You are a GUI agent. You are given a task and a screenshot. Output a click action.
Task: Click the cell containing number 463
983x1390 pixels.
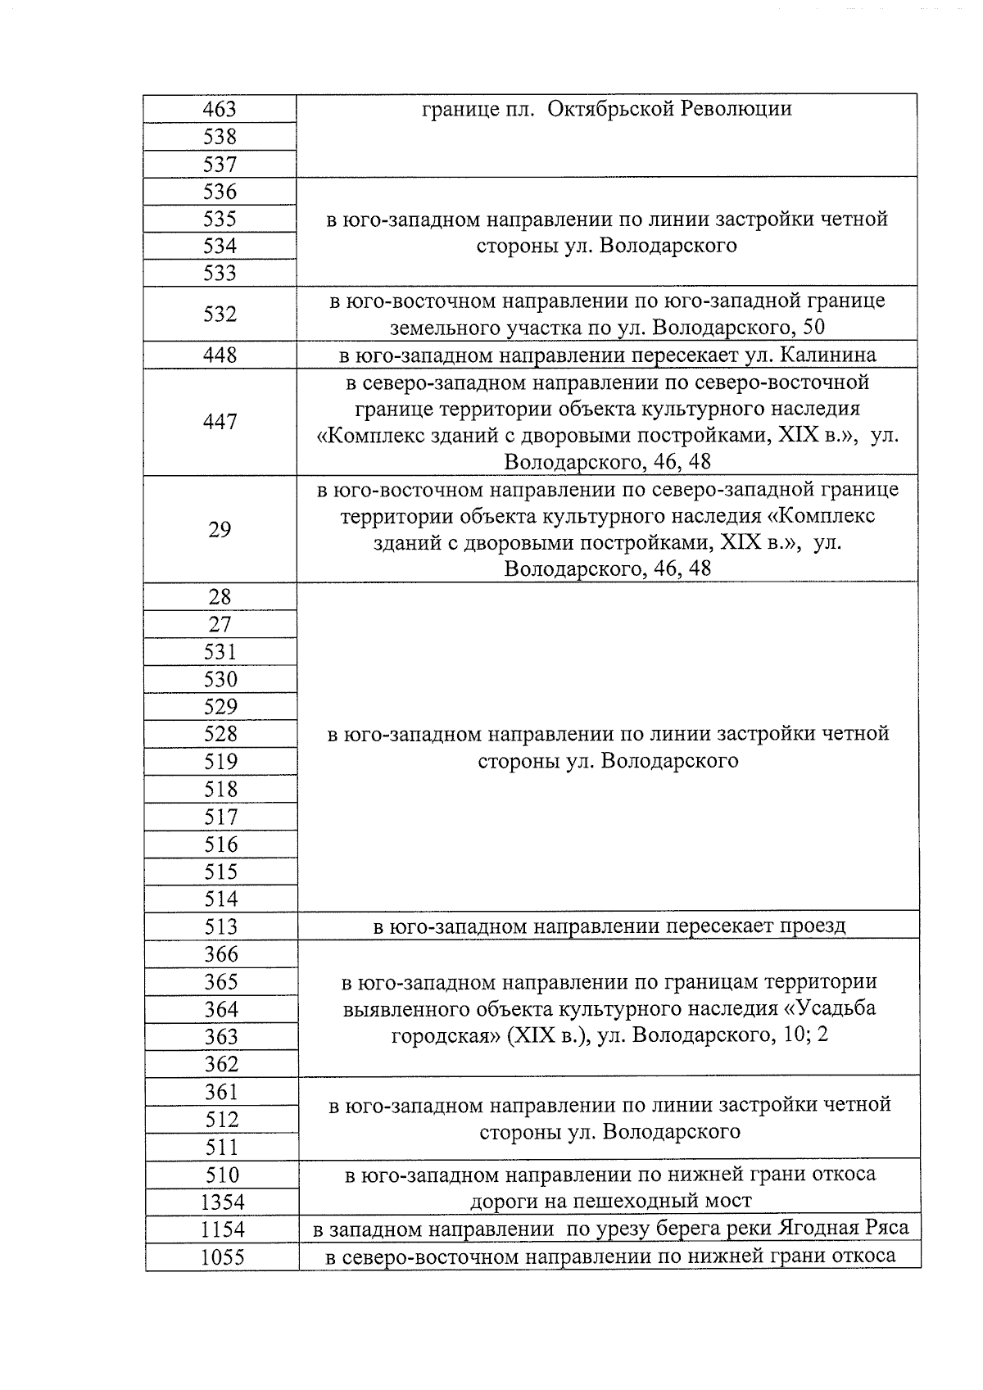220,109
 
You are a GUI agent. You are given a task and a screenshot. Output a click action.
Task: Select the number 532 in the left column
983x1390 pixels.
220,315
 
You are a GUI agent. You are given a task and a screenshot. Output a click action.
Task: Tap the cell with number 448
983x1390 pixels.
220,355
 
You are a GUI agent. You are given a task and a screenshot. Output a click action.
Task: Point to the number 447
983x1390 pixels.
220,422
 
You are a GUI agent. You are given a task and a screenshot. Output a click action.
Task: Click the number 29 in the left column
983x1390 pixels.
220,530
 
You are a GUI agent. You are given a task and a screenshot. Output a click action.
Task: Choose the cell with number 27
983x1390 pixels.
220,625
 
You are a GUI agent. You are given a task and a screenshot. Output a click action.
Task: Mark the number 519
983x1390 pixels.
220,762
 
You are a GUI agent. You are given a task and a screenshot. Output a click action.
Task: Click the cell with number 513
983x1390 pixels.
220,926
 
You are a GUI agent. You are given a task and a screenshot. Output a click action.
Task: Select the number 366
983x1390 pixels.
221,954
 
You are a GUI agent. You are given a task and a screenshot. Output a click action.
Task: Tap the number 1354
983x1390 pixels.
222,1202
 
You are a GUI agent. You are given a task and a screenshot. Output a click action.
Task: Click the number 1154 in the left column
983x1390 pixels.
222,1229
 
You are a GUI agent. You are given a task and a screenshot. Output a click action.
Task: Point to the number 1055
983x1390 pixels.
222,1257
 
